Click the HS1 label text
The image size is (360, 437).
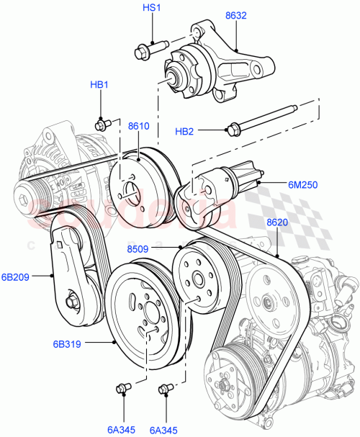click(152, 7)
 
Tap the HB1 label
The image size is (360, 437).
click(99, 85)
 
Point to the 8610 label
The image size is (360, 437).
click(139, 126)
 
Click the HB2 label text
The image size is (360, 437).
click(185, 131)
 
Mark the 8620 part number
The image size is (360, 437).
click(278, 222)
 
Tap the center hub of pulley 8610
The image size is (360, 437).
click(131, 190)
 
